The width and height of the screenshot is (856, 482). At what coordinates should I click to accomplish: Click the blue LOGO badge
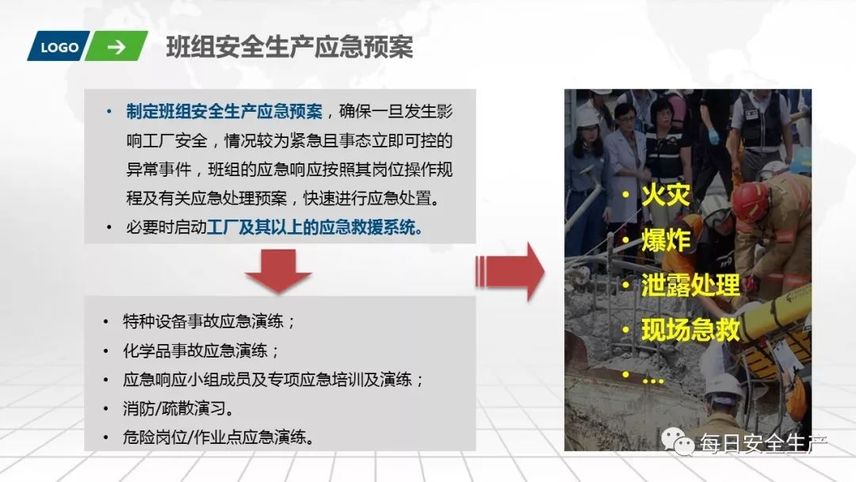(59, 47)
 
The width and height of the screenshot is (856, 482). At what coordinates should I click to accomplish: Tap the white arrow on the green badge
(116, 47)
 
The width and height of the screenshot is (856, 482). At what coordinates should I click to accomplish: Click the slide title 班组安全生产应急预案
(289, 48)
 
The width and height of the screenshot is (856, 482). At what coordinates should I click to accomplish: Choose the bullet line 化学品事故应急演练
(201, 350)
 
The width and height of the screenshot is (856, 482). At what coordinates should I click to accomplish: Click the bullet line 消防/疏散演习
(178, 408)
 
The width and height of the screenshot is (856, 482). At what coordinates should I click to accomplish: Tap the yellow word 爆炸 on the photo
(666, 240)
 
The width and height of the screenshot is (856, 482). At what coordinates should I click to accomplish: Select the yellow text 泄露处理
(690, 285)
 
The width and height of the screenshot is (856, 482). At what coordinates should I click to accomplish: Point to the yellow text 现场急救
(690, 329)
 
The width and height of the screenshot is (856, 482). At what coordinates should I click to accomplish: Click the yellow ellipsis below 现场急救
(653, 378)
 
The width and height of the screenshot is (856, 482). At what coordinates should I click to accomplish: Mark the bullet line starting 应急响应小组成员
(273, 379)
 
